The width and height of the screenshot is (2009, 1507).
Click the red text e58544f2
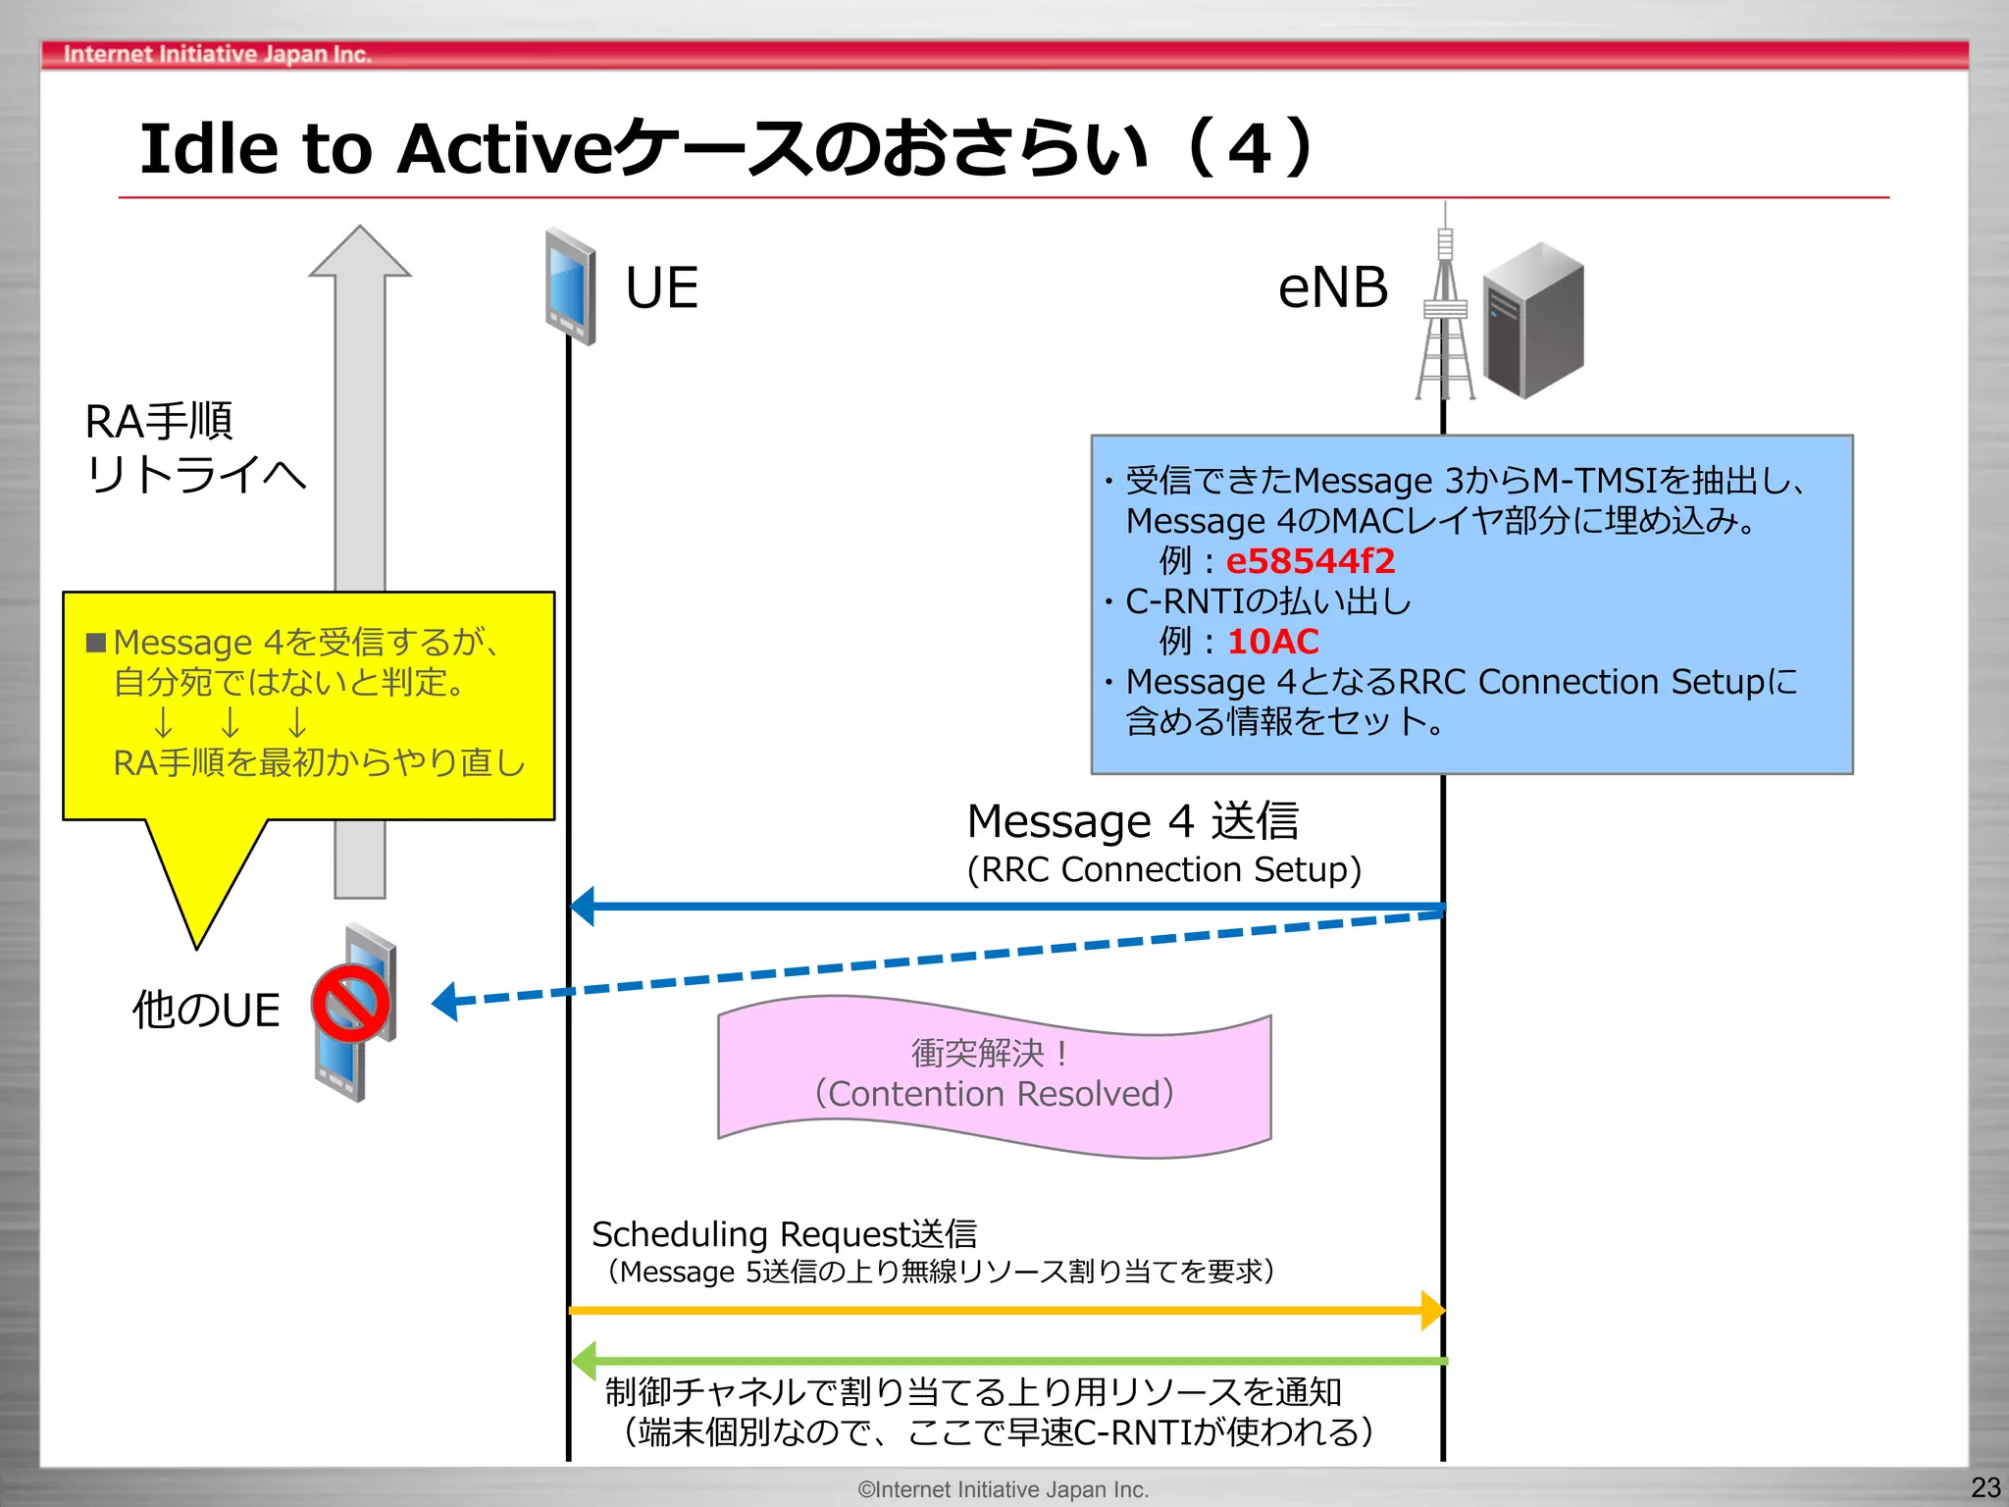pos(1310,561)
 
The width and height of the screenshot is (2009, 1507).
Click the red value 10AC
pos(1272,642)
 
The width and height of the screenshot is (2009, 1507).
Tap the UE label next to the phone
pos(661,288)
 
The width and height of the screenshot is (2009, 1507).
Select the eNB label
pos(1332,288)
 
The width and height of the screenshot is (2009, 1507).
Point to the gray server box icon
pos(1532,321)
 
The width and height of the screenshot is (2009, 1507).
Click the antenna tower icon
pos(1445,314)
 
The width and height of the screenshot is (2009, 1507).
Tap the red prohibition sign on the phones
pos(350,1003)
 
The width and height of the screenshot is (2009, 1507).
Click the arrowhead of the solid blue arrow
pos(583,906)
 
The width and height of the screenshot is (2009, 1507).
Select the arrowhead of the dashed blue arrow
pos(445,1002)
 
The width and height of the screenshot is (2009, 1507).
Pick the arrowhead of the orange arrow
pos(1433,1310)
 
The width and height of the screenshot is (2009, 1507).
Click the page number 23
pos(1984,1487)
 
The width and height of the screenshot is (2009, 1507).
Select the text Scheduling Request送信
pos(784,1233)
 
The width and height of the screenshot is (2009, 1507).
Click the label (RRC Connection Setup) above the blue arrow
pos(1163,869)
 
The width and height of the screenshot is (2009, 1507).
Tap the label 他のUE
pos(207,1010)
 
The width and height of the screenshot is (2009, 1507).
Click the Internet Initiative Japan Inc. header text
pos(217,54)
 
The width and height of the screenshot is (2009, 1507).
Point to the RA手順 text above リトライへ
pos(159,422)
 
